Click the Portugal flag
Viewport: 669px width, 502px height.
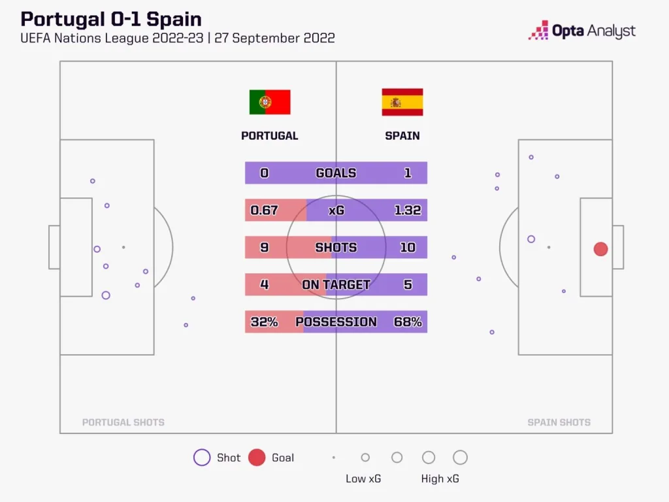[270, 103]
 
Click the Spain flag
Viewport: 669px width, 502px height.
[402, 103]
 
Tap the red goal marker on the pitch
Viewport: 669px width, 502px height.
[600, 249]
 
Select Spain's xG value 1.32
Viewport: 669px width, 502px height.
[408, 210]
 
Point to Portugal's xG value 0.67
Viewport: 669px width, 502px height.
[265, 210]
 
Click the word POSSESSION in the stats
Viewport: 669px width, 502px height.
[336, 322]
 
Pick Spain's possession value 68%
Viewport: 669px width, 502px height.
[408, 322]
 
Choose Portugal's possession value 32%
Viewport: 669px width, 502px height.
[264, 322]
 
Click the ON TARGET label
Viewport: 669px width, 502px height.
[336, 284]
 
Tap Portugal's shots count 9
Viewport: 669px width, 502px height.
[264, 248]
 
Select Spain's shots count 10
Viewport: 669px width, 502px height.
[408, 248]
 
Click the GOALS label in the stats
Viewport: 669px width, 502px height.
[336, 173]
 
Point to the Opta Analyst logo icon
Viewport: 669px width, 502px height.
[538, 30]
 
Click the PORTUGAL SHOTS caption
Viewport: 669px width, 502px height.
[123, 422]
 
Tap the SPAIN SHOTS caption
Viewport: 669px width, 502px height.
[559, 422]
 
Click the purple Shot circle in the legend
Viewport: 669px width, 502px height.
[202, 458]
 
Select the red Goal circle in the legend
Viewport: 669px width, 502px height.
[257, 458]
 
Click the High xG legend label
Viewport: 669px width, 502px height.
[440, 478]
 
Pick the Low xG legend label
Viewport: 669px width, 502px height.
[363, 478]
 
